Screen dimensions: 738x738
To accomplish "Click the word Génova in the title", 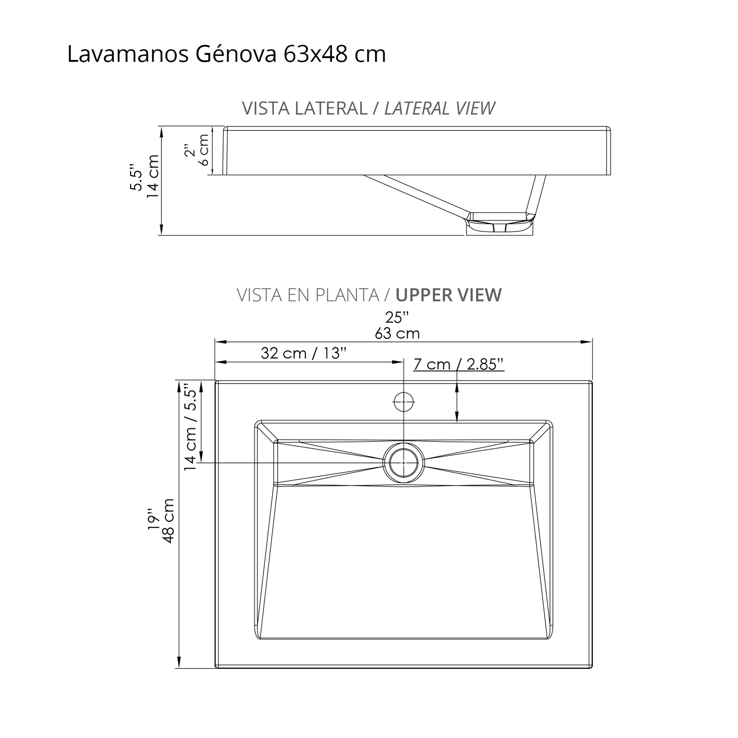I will coord(236,54).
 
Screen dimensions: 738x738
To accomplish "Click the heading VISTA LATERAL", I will coord(304,109).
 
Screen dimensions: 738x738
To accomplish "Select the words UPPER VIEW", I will coord(448,295).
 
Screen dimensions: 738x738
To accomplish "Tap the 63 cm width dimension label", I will coord(397,333).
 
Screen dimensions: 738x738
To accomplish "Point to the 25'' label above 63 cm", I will coord(397,318).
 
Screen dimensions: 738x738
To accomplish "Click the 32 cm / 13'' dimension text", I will coord(304,353).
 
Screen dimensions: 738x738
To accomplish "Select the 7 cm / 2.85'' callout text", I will coord(458,364).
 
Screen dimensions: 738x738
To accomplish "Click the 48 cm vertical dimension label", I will coord(168,520).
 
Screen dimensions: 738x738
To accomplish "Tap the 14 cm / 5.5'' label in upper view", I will coord(191,428).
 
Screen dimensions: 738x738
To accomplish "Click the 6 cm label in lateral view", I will coord(203,150).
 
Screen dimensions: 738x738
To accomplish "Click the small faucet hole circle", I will coord(404,402).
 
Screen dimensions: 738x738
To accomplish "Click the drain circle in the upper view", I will coord(404,462).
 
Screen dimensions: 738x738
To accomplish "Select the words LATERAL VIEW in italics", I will coord(440,109).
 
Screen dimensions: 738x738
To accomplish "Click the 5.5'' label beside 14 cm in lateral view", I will coord(137,176).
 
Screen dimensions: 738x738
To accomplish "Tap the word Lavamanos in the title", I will coord(128,54).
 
